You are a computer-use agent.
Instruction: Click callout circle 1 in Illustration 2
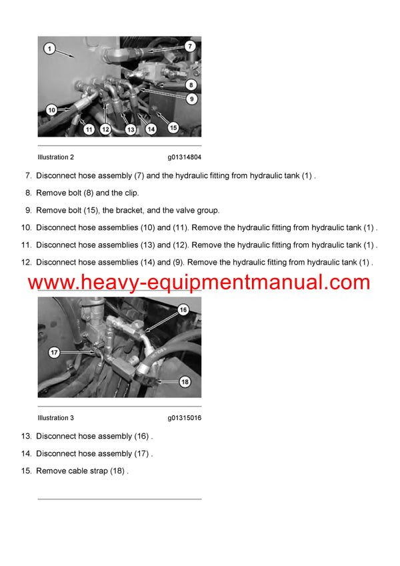coord(49,49)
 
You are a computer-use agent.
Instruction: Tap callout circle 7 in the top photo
coord(189,47)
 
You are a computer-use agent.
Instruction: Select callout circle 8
coord(190,85)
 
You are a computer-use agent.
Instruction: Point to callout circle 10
coord(51,109)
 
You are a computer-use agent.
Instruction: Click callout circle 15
coord(173,127)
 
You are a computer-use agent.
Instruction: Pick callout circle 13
coord(130,129)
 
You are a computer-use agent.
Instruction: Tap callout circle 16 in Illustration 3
coord(183,310)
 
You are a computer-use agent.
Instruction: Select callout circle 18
coord(185,381)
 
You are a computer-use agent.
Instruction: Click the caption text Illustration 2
coord(56,157)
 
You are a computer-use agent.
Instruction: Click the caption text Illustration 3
coord(56,418)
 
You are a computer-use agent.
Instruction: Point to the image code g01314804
coord(185,157)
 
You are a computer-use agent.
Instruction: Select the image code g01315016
coord(185,418)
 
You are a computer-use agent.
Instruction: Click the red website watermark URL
coord(199,282)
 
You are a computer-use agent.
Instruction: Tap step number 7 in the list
coord(28,176)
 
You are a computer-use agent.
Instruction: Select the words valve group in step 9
coord(199,211)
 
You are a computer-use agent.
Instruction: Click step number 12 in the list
coord(27,263)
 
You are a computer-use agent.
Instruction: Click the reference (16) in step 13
coord(143,437)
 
